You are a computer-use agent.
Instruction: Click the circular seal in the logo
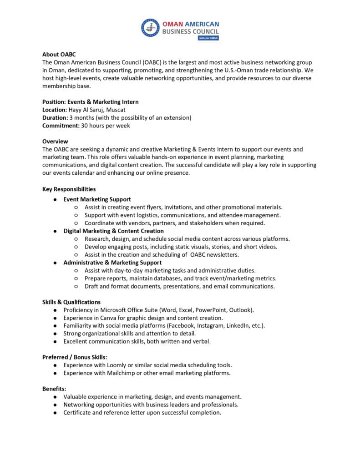150,28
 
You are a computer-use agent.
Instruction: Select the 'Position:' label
54,101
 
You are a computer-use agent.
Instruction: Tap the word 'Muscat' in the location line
116,110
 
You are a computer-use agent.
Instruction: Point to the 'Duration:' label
55,117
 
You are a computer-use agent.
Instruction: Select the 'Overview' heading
55,141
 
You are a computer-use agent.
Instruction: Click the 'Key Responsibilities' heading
69,189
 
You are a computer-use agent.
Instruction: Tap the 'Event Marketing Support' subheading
97,199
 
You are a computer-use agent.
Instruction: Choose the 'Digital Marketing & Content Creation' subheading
113,231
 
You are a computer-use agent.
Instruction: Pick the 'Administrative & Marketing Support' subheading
112,262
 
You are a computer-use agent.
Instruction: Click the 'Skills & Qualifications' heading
71,302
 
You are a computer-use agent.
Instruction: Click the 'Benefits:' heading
54,389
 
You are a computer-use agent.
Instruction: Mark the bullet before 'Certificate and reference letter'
55,413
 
